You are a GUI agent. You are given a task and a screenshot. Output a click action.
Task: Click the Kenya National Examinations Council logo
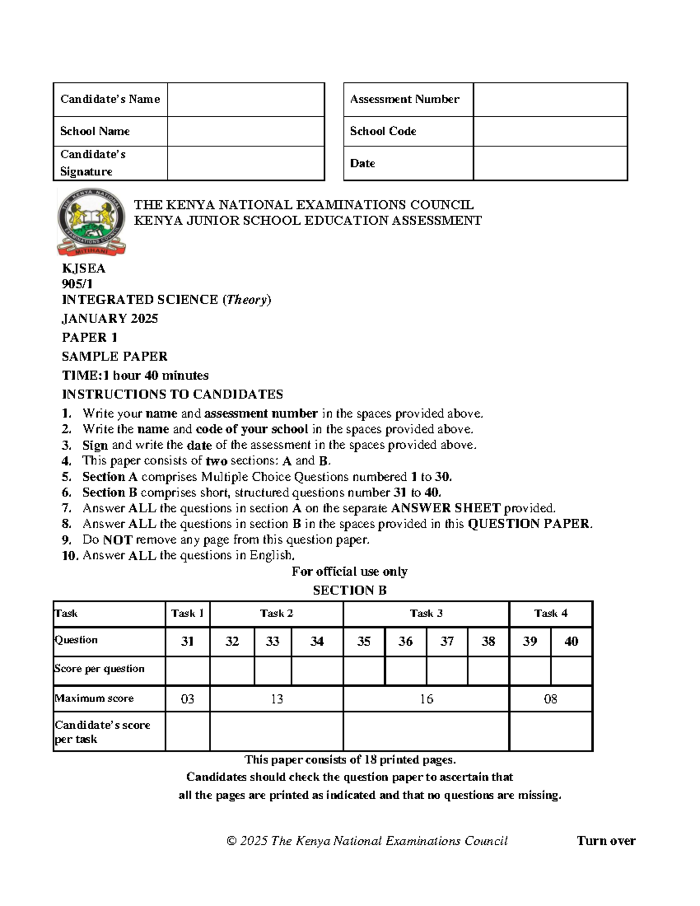point(91,222)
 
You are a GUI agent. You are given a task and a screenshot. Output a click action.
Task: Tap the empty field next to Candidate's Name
point(245,100)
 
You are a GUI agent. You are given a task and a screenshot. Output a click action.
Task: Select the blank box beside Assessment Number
point(549,100)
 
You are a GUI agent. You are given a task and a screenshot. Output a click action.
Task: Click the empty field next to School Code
point(549,131)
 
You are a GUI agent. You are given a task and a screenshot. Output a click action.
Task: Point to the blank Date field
point(549,163)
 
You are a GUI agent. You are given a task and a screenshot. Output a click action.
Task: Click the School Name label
point(94,131)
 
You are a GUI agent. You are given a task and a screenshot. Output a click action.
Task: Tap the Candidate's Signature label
point(92,163)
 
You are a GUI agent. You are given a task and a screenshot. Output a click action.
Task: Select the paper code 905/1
point(77,284)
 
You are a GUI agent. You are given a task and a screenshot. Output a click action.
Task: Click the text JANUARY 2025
point(110,319)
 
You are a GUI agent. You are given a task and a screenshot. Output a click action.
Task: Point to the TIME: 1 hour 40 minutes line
point(135,375)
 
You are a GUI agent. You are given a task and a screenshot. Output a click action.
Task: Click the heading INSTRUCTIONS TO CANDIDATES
point(172,394)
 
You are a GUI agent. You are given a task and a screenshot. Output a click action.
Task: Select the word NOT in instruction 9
point(117,540)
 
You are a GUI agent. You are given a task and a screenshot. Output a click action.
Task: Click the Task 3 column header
point(426,613)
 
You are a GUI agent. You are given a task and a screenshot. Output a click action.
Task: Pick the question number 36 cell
point(405,641)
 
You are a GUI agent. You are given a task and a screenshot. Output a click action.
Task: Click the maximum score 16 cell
point(426,699)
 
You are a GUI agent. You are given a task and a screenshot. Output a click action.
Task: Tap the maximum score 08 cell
point(550,699)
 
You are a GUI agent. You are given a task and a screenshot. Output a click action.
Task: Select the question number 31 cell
point(187,641)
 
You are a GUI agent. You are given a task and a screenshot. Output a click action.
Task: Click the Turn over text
point(605,841)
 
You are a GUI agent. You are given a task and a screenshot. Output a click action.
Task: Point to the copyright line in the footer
point(367,841)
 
